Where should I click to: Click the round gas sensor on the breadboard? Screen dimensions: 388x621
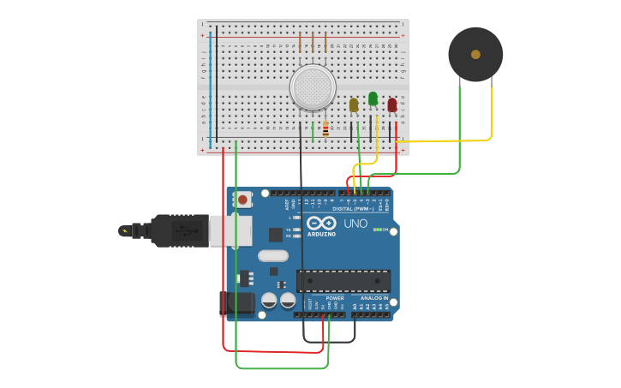(x=312, y=87)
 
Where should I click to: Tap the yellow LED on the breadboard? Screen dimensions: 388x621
(x=354, y=105)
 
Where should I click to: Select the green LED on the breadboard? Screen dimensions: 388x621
(x=373, y=98)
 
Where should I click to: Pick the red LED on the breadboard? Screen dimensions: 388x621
(x=392, y=104)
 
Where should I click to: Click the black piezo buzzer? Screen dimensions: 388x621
(x=475, y=54)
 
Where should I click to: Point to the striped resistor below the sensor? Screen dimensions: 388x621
(x=325, y=129)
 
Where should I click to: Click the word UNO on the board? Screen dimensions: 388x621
(x=355, y=224)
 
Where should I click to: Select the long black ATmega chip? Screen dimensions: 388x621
(x=343, y=281)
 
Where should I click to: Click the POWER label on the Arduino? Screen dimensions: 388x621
(x=335, y=298)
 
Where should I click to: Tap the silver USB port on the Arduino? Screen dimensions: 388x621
(x=230, y=231)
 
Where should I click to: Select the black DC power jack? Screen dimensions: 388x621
(x=237, y=303)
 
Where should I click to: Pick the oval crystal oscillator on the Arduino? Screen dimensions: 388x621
(x=273, y=255)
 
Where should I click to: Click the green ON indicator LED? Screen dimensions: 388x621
(x=377, y=230)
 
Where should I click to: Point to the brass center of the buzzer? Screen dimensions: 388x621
(x=475, y=54)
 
